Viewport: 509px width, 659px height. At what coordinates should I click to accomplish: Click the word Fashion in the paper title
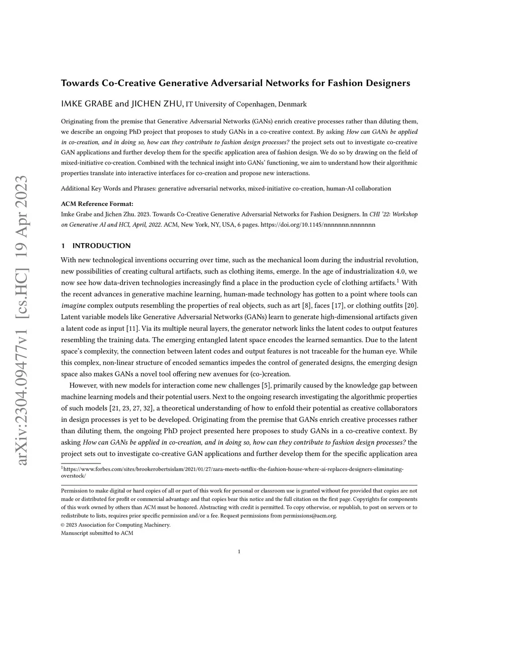coord(343,83)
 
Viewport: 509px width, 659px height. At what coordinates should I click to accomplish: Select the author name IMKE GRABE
coord(86,104)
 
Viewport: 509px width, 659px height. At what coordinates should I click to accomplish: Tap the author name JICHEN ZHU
coord(157,104)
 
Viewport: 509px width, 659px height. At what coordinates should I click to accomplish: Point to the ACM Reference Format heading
coord(97,204)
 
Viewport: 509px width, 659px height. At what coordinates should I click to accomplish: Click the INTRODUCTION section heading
coord(101,246)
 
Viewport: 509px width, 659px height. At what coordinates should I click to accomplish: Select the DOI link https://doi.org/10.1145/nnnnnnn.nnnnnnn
coord(318,225)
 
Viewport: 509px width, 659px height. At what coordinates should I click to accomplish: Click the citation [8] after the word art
coord(307,305)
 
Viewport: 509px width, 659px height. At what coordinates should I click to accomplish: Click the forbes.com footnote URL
coord(234,469)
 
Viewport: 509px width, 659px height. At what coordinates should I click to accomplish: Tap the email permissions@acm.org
coord(310,516)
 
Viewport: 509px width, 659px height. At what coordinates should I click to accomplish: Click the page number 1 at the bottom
coord(239,551)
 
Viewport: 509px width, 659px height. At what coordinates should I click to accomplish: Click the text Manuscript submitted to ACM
coord(97,533)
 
